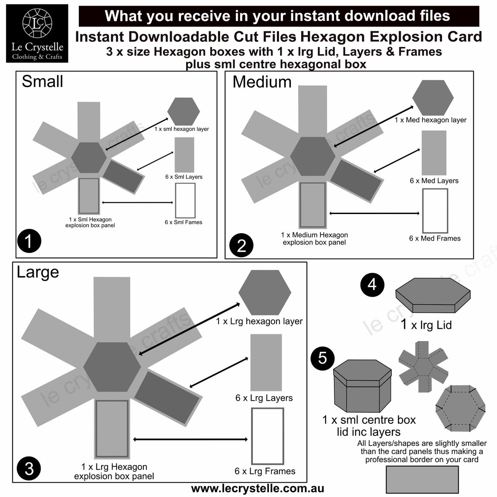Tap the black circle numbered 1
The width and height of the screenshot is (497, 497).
(29, 240)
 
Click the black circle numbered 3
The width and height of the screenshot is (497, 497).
(29, 469)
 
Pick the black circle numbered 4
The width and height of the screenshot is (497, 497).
(372, 284)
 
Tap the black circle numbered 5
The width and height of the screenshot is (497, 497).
(322, 358)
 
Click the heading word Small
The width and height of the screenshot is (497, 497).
(42, 82)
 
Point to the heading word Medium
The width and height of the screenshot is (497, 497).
(262, 82)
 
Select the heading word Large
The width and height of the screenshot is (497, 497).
(37, 272)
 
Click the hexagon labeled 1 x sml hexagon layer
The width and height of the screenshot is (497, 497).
(184, 112)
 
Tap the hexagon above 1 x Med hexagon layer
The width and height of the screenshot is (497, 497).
(430, 98)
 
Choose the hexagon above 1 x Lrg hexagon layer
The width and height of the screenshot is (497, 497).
(265, 293)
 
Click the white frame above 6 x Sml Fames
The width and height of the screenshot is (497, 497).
(185, 201)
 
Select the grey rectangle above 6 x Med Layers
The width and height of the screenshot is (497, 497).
(434, 153)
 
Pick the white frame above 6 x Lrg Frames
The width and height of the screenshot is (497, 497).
(267, 436)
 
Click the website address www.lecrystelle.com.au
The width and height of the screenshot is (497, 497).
(258, 488)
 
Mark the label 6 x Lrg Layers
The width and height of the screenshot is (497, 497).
(264, 398)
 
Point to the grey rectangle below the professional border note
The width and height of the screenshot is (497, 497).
(422, 479)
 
